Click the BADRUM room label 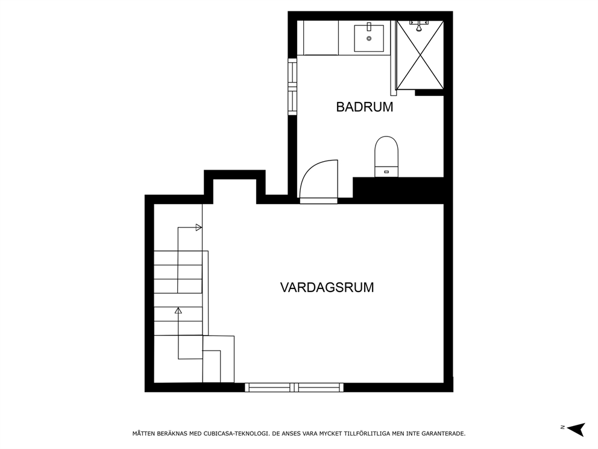pyautogui.click(x=364, y=107)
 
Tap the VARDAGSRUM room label pyautogui.click(x=327, y=287)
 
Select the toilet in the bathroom pyautogui.click(x=386, y=156)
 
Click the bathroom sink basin pyautogui.click(x=369, y=38)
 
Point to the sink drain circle pyautogui.click(x=369, y=38)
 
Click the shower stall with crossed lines pyautogui.click(x=420, y=55)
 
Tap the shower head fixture pyautogui.click(x=419, y=25)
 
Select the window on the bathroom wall pyautogui.click(x=292, y=86)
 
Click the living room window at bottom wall pyautogui.click(x=294, y=387)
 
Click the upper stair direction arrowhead pyautogui.click(x=199, y=228)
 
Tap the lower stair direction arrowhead pyautogui.click(x=178, y=310)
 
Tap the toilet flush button pyautogui.click(x=386, y=172)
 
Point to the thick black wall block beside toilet pyautogui.click(x=398, y=190)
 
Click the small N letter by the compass pyautogui.click(x=562, y=427)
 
